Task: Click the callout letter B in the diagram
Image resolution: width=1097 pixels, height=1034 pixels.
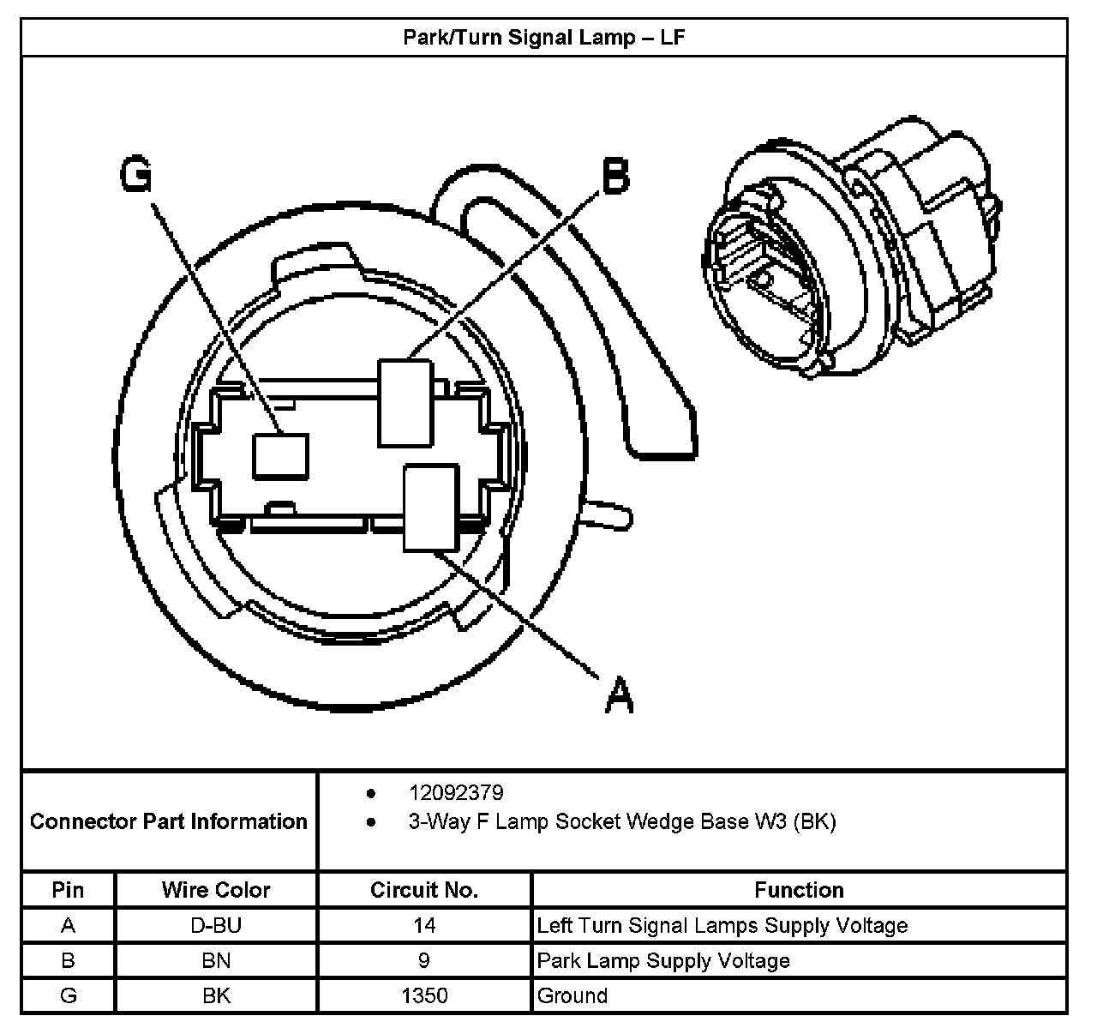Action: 615,177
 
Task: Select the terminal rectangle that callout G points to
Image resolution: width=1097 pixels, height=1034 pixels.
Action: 279,454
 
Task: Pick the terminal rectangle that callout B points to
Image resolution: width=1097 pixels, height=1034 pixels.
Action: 405,402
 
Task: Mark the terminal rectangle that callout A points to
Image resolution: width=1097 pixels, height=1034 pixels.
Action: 430,507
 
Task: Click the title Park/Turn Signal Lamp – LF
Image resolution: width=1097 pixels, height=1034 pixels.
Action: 543,38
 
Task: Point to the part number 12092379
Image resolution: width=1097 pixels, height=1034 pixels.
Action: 456,792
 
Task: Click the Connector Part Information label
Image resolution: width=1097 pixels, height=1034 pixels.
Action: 168,821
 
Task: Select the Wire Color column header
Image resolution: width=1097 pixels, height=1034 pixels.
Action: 216,890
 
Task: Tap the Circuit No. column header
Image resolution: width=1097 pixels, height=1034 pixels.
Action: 424,890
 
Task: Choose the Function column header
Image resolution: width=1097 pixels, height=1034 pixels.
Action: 799,890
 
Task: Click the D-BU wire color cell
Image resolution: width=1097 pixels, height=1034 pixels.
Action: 216,926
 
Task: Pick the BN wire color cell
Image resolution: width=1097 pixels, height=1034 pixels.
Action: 216,961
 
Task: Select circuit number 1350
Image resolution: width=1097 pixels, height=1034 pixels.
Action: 424,996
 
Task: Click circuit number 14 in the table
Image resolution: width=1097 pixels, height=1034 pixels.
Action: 424,926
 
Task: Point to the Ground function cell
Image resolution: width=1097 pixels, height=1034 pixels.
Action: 572,996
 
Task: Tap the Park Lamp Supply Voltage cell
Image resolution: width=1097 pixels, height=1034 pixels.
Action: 663,961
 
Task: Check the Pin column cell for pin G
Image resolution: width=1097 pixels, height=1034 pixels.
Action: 68,996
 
